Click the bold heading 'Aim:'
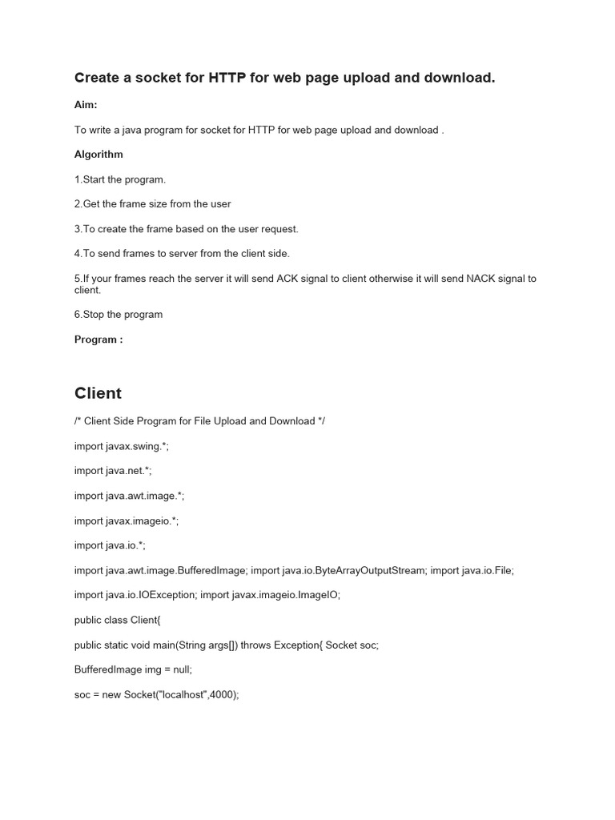click(86, 105)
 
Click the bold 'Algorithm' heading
click(98, 154)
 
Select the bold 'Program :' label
click(98, 339)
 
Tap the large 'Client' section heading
click(98, 393)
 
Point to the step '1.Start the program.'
click(120, 179)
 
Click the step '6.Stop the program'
click(119, 314)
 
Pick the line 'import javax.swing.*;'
click(122, 447)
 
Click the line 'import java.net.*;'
click(113, 471)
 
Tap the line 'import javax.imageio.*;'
click(127, 521)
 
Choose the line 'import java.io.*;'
click(111, 545)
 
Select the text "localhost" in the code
click(183, 694)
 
